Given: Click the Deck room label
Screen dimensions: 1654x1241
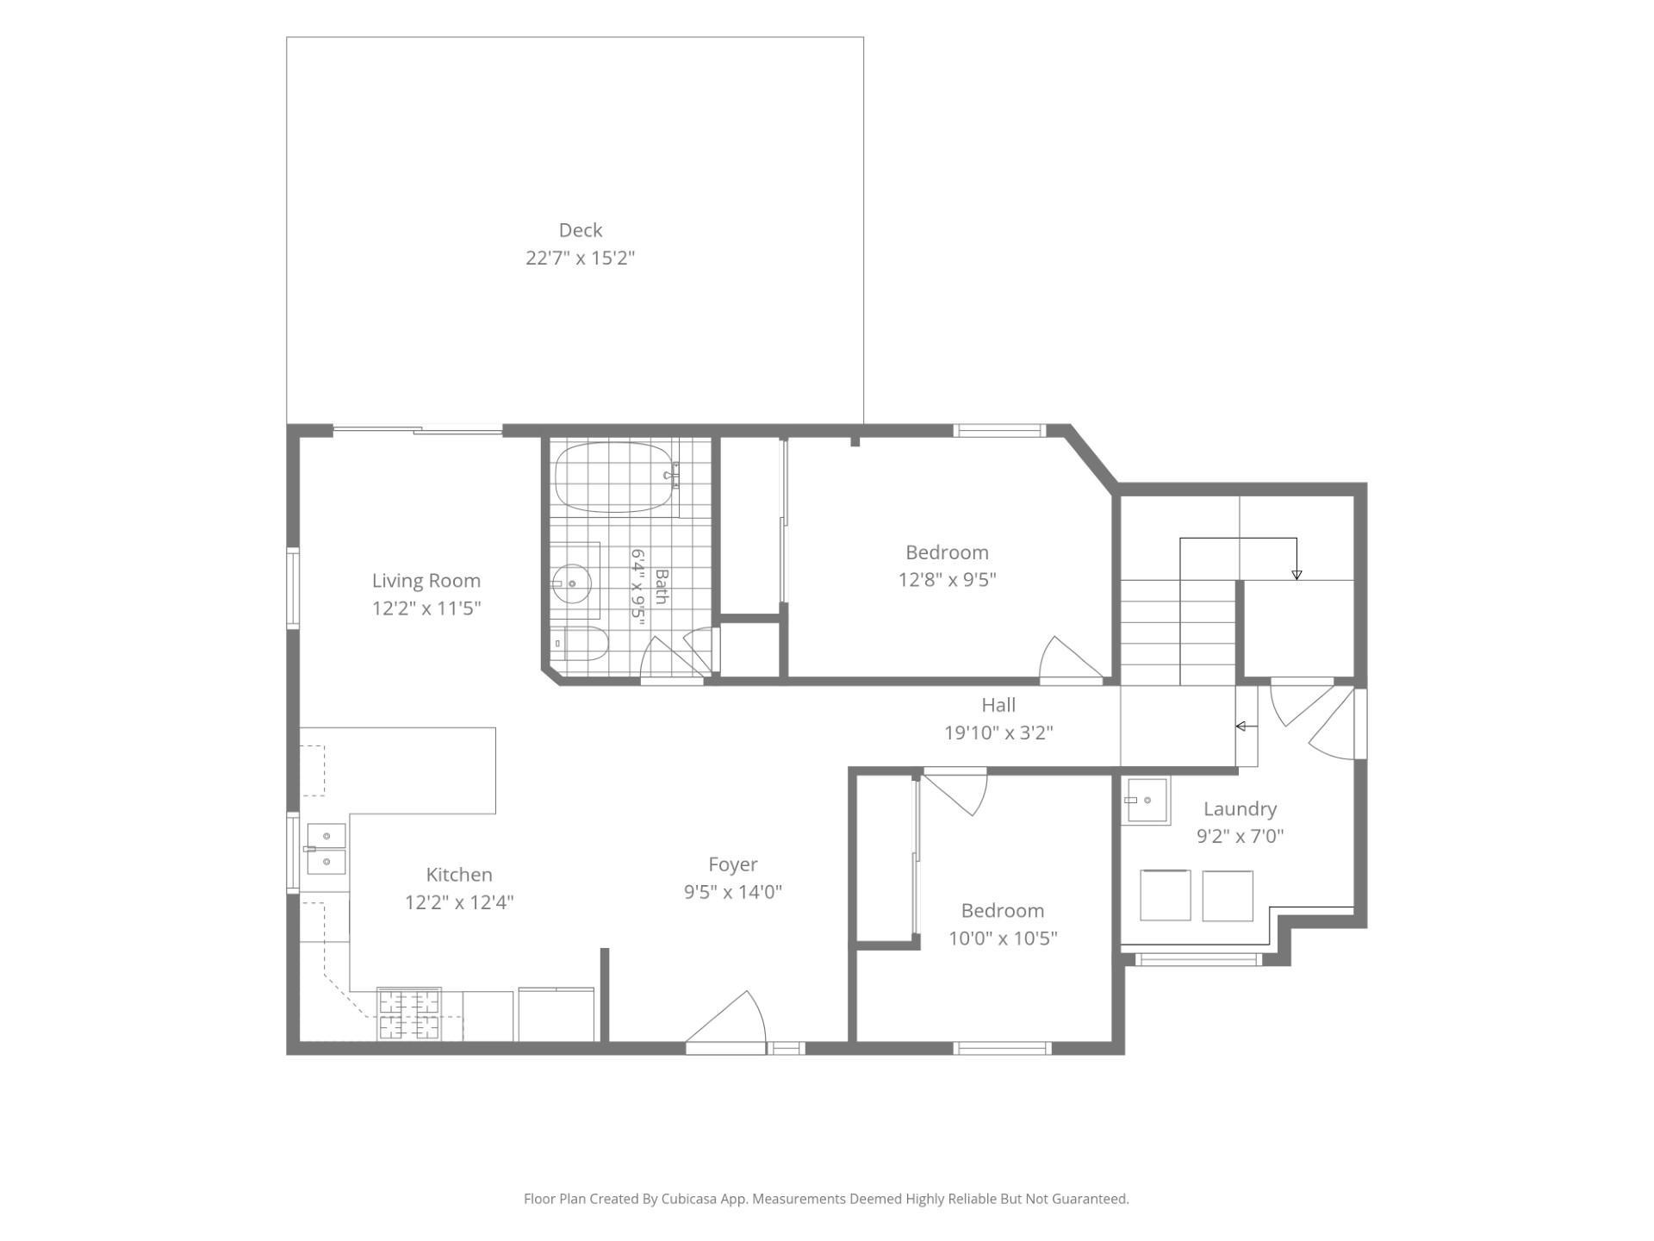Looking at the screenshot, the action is (580, 230).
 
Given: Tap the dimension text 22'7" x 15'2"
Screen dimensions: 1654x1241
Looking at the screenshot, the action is (580, 258).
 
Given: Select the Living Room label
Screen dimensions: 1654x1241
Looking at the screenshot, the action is (426, 581).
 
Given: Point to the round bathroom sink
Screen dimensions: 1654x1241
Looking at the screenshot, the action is (572, 583).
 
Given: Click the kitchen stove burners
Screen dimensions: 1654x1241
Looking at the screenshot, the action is (409, 1014).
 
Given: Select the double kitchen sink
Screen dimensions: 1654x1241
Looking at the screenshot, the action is (326, 849).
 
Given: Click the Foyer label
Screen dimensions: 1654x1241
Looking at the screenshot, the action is (732, 864).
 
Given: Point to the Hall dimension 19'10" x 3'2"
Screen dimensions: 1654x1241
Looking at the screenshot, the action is (998, 733).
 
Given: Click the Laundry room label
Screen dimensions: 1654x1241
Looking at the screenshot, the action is (1240, 808).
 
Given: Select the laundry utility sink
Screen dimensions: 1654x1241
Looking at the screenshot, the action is (1145, 801).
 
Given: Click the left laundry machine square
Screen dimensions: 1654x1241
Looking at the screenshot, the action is (1165, 895).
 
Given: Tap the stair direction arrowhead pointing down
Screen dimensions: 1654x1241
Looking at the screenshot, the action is (1296, 575).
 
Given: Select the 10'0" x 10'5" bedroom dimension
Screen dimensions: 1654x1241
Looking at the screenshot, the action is (1002, 938).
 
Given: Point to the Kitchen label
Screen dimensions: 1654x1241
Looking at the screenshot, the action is (459, 875).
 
